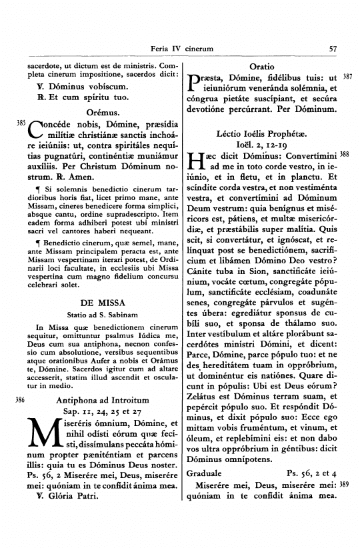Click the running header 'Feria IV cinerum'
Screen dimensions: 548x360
tap(182, 49)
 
